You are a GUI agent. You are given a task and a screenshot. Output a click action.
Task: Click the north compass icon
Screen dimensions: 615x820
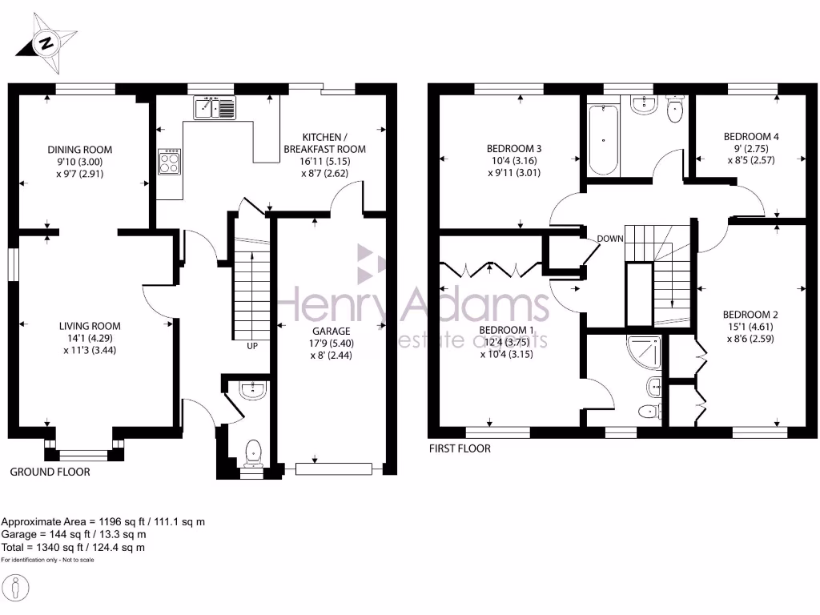pyautogui.click(x=49, y=42)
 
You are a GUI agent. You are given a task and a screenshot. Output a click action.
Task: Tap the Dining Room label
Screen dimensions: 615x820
pyautogui.click(x=80, y=150)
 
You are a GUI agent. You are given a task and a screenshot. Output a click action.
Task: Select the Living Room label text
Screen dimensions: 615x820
pyautogui.click(x=90, y=326)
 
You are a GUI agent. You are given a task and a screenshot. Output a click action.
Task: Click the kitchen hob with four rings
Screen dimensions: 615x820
pyautogui.click(x=171, y=163)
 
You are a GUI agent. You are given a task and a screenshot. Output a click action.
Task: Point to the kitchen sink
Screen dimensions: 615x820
pyautogui.click(x=215, y=107)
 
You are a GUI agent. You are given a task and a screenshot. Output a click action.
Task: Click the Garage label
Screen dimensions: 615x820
pyautogui.click(x=331, y=331)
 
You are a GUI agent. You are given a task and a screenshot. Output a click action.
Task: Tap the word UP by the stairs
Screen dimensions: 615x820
pyautogui.click(x=252, y=346)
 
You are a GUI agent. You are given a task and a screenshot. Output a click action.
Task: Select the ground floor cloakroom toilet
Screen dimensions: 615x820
pyautogui.click(x=254, y=453)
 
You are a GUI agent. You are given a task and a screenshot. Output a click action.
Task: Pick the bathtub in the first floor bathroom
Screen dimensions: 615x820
pyautogui.click(x=602, y=139)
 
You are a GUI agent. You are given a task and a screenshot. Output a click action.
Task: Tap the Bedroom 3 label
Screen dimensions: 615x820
pyautogui.click(x=514, y=149)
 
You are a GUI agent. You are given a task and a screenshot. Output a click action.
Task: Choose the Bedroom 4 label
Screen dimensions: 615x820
pyautogui.click(x=750, y=137)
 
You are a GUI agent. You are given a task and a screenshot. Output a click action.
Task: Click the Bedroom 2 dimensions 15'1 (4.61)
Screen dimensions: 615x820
pyautogui.click(x=750, y=327)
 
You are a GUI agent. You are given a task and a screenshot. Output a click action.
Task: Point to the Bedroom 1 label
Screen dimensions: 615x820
pyautogui.click(x=506, y=331)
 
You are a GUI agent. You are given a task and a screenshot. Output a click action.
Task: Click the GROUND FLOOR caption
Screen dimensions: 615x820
pyautogui.click(x=50, y=472)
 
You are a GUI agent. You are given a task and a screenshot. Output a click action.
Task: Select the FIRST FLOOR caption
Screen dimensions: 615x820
pyautogui.click(x=460, y=448)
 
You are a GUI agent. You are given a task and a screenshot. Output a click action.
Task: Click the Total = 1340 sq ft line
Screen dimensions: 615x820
pyautogui.click(x=73, y=547)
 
